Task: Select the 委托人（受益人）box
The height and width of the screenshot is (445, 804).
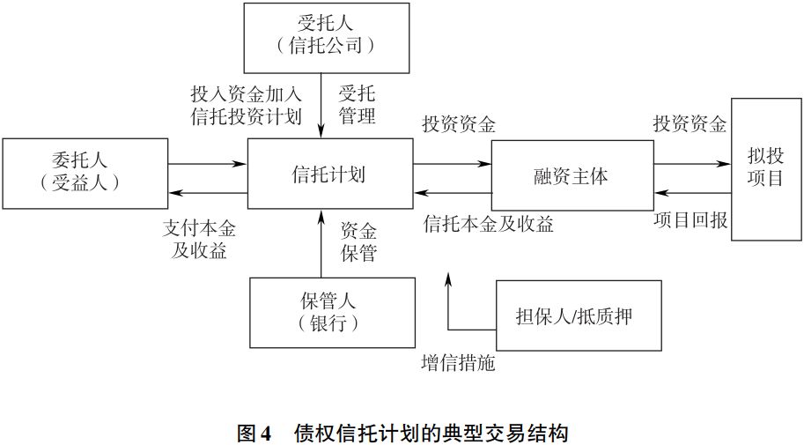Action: [85, 173]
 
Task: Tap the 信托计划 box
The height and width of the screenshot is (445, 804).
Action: [328, 174]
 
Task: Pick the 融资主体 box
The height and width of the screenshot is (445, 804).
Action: [571, 174]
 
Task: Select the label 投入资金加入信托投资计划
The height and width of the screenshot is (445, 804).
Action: [246, 105]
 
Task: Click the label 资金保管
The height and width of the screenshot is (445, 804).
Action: [358, 242]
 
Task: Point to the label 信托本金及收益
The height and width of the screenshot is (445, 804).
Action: [488, 224]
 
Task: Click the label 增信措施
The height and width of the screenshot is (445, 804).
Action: [458, 362]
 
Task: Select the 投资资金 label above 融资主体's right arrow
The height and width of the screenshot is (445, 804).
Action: [690, 124]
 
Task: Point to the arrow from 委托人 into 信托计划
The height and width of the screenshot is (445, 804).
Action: [207, 163]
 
